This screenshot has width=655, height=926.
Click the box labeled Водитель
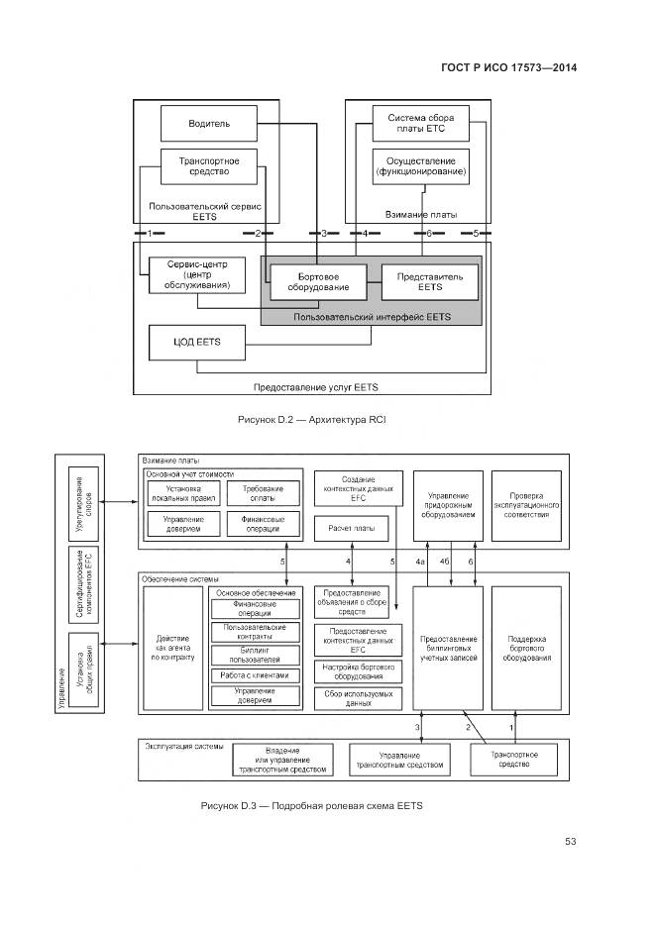209,124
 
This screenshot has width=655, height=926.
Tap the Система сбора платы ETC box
420,124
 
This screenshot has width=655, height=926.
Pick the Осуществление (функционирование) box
420,165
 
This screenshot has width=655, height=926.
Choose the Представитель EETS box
429,281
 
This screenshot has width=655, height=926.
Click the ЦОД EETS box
196,342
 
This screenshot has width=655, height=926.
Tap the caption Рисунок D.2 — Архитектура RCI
311,420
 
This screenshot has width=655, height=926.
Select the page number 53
570,842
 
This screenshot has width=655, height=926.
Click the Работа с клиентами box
256,675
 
